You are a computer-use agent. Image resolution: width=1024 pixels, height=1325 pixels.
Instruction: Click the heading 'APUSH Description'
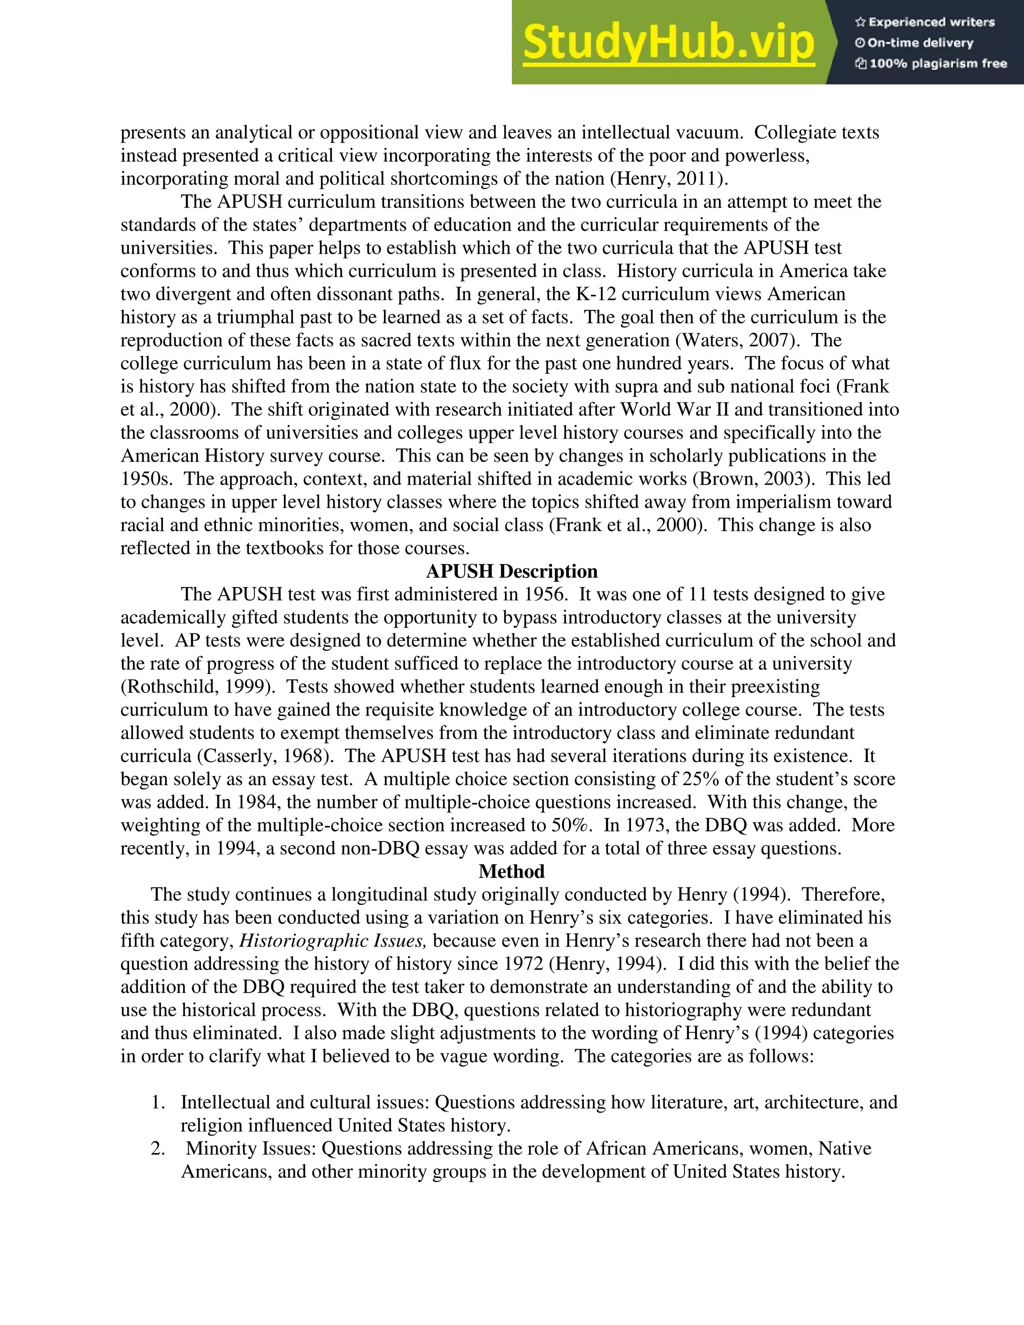[x=511, y=571]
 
